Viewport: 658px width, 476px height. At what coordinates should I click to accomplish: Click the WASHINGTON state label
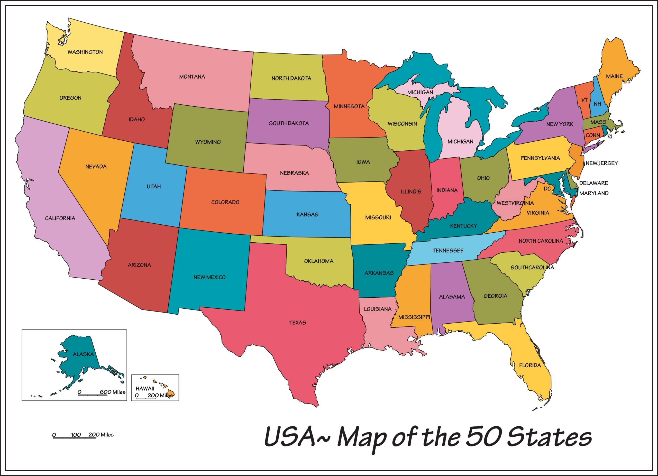click(x=85, y=52)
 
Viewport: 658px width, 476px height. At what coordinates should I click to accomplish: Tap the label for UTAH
click(x=153, y=187)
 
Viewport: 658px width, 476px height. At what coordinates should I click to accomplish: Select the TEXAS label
click(x=297, y=323)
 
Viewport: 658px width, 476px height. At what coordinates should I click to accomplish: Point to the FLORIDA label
click(x=530, y=365)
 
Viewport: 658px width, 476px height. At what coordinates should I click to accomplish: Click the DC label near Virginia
click(x=547, y=189)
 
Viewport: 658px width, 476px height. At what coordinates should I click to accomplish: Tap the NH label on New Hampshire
click(x=597, y=104)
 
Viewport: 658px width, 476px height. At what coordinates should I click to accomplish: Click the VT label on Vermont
click(x=584, y=100)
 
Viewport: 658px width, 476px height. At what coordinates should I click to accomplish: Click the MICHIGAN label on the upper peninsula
click(x=420, y=92)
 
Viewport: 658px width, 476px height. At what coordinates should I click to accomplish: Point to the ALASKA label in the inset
click(x=83, y=354)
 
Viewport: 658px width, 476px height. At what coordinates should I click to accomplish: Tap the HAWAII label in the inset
click(x=145, y=388)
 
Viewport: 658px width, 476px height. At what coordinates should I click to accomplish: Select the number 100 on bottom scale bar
click(x=76, y=435)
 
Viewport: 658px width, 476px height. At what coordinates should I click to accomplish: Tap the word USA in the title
click(x=290, y=437)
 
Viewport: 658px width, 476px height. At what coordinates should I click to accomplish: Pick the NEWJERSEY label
click(x=602, y=163)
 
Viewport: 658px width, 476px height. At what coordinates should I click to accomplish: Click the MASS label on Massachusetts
click(x=598, y=122)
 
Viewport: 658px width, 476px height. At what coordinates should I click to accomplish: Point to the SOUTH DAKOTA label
click(x=289, y=123)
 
